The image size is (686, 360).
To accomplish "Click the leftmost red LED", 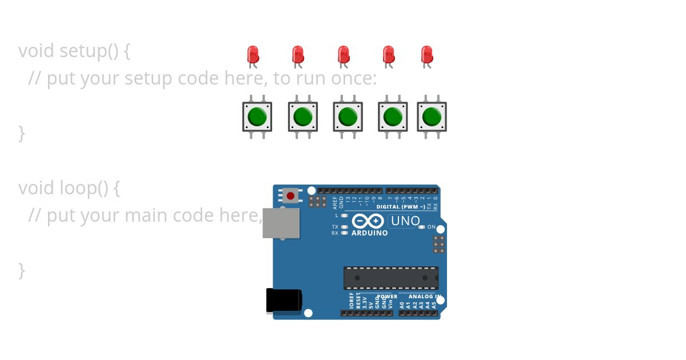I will (253, 55).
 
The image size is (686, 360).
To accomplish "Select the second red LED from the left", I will (297, 55).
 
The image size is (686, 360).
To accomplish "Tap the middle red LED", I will (343, 55).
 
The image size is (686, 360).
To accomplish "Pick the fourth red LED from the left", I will (388, 55).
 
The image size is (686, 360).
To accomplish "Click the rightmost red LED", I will (426, 55).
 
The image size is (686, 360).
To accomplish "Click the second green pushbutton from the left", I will (302, 117).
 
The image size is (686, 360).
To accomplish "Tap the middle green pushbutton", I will (348, 117).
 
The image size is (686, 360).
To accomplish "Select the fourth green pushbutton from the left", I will (393, 117).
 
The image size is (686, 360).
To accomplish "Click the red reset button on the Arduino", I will (290, 196).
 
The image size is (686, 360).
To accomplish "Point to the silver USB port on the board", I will (281, 223).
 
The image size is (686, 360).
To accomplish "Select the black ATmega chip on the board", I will (391, 278).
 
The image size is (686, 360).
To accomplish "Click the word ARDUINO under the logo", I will (369, 233).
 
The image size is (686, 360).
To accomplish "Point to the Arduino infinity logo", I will (368, 221).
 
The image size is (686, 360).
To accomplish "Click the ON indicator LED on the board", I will (422, 227).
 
